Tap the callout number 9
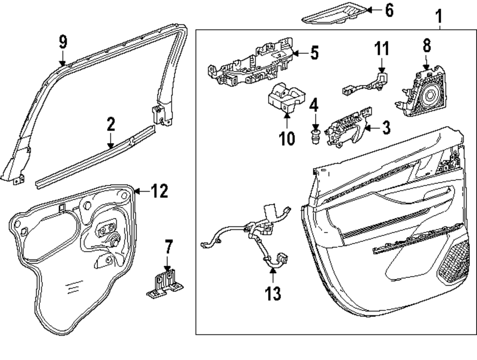click(63, 42)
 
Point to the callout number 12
click(158, 192)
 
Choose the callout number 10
click(288, 138)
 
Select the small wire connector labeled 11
click(367, 83)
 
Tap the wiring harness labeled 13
click(255, 234)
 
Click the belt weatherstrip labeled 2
click(95, 157)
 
